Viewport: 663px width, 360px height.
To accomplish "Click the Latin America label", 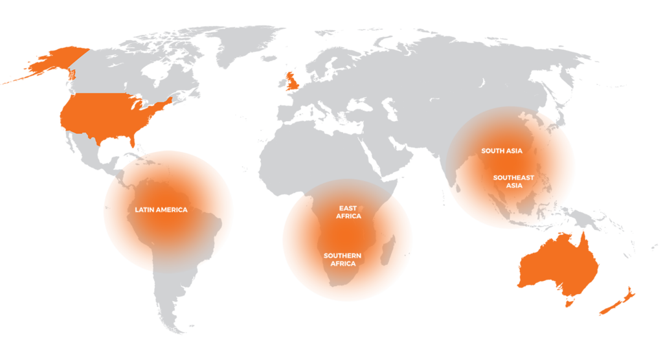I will pyautogui.click(x=161, y=210).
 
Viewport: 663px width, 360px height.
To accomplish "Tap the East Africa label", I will pyautogui.click(x=348, y=212).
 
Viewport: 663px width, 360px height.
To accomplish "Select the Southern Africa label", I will pyautogui.click(x=343, y=260).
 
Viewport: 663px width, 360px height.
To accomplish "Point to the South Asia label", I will pyautogui.click(x=502, y=151).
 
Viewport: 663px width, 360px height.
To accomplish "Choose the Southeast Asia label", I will pyautogui.click(x=513, y=181).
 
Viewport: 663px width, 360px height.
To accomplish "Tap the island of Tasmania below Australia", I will pyautogui.click(x=569, y=302).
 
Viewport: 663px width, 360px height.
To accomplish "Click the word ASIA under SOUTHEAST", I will pyautogui.click(x=513, y=186).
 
